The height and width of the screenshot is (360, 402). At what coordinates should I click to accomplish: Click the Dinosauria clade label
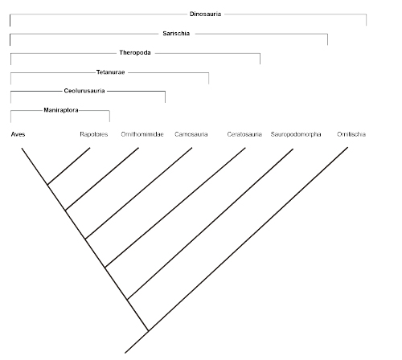(x=205, y=14)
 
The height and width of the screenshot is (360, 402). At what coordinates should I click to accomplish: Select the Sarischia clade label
(x=176, y=34)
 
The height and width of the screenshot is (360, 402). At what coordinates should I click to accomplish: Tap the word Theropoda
(x=135, y=52)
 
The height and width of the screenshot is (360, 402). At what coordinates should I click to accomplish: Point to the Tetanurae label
(x=110, y=72)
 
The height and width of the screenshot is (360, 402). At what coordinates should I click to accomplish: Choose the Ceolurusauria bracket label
(x=84, y=91)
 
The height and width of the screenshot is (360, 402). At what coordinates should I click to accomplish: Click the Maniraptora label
(x=61, y=110)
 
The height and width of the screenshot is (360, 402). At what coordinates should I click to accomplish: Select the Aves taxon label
(x=18, y=134)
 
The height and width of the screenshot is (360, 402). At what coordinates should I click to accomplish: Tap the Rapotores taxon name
(x=94, y=134)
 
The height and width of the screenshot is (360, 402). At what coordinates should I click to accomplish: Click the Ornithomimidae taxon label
(x=142, y=134)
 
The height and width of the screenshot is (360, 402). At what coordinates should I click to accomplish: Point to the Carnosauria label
(x=191, y=134)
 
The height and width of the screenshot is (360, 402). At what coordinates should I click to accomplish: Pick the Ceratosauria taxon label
(x=244, y=134)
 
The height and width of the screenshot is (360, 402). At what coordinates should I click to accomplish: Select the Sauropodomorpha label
(x=296, y=134)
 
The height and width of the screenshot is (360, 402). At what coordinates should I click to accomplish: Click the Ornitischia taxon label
(x=351, y=134)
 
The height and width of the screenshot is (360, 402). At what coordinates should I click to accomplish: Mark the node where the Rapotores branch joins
(x=47, y=185)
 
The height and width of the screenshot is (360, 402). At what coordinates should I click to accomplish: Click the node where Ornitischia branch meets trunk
(x=148, y=331)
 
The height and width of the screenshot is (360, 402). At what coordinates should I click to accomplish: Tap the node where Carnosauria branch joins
(x=85, y=239)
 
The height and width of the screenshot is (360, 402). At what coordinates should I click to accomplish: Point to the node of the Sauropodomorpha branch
(x=127, y=300)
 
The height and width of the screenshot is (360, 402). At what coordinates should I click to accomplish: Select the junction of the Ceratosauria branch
(x=105, y=268)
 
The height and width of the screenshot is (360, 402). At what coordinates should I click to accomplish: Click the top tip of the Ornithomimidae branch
(x=138, y=148)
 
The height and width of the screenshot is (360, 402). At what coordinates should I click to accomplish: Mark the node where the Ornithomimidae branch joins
(x=65, y=211)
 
